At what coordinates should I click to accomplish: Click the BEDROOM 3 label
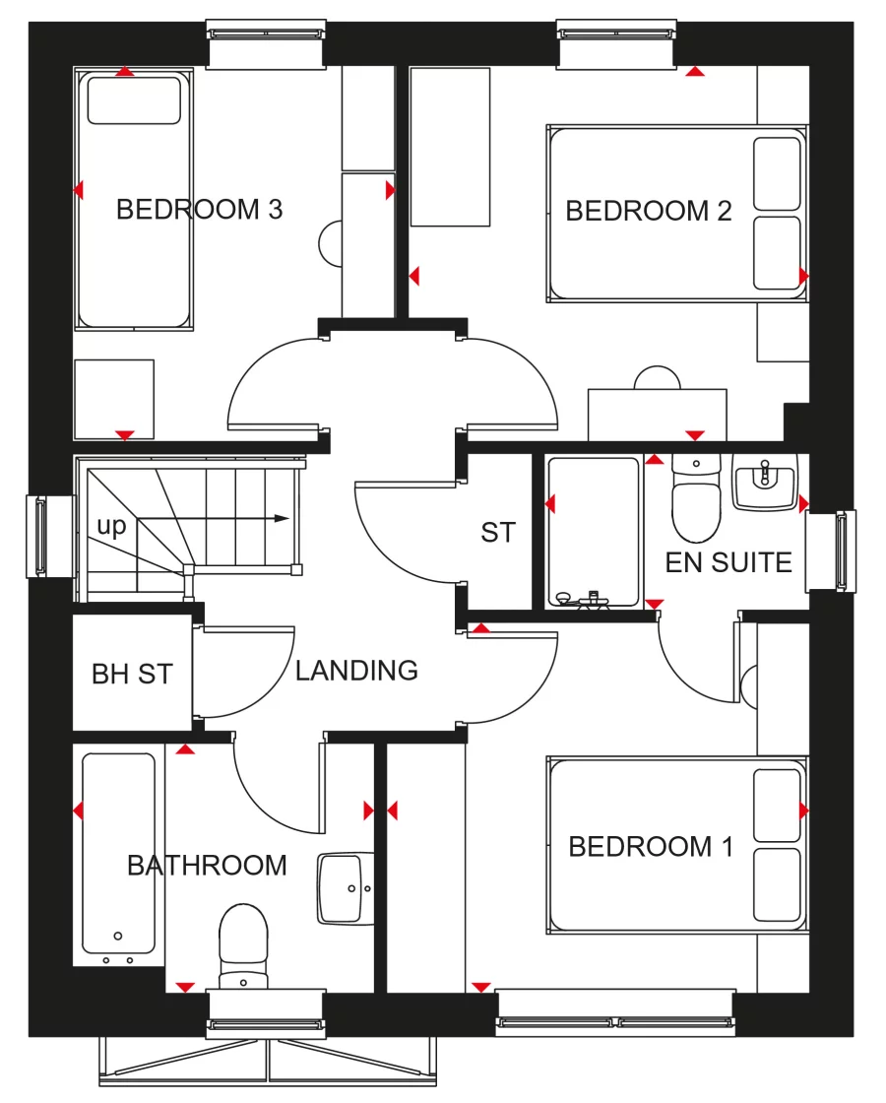tap(199, 210)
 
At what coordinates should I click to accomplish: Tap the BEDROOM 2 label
tap(649, 211)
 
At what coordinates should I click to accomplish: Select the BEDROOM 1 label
tap(651, 847)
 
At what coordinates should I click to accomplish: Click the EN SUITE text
tap(728, 563)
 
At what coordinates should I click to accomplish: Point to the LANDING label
tap(356, 671)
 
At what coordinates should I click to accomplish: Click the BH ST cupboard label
tap(132, 675)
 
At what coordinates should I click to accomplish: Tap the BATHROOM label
tap(207, 866)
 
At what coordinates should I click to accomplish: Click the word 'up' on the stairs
tap(111, 527)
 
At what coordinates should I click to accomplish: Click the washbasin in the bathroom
tap(347, 889)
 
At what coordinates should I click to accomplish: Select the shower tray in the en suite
tap(593, 532)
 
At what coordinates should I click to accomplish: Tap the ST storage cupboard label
tap(498, 533)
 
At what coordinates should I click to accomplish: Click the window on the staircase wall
tap(39, 535)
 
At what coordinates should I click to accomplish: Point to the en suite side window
tap(844, 551)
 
